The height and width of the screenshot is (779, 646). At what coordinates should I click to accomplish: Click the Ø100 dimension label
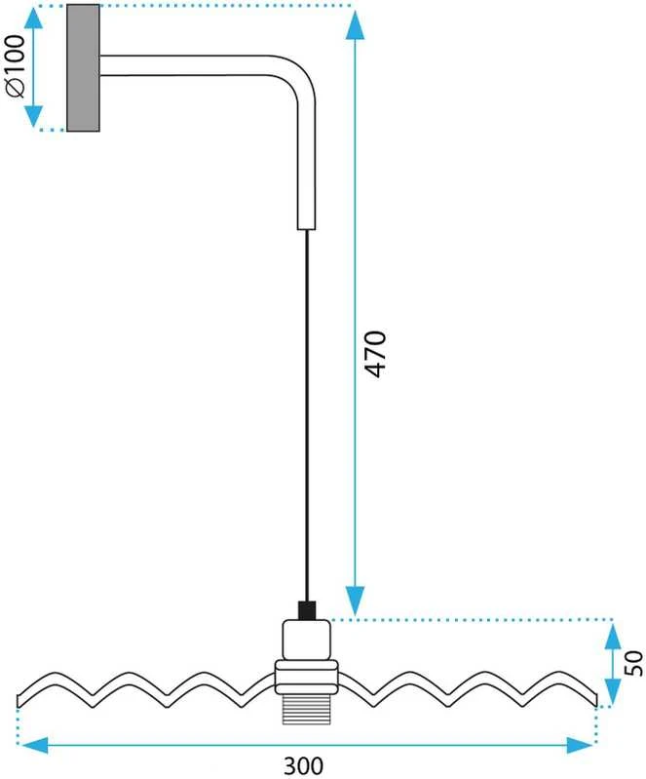pyautogui.click(x=15, y=66)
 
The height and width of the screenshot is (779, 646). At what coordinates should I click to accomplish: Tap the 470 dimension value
pyautogui.click(x=375, y=354)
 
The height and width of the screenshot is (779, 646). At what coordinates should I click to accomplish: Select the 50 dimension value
pyautogui.click(x=634, y=663)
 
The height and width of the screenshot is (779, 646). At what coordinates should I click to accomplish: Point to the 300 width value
pyautogui.click(x=303, y=766)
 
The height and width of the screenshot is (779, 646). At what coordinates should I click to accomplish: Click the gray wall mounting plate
pyautogui.click(x=83, y=67)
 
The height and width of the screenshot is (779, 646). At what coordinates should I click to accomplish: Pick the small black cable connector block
pyautogui.click(x=307, y=610)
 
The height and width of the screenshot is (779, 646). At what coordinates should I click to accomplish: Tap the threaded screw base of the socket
pyautogui.click(x=306, y=709)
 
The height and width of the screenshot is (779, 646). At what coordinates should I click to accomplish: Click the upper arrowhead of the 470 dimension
pyautogui.click(x=355, y=24)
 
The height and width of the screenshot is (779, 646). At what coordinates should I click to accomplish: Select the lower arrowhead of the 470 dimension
pyautogui.click(x=355, y=602)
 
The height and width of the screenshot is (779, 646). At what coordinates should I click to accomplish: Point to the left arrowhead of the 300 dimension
pyautogui.click(x=33, y=745)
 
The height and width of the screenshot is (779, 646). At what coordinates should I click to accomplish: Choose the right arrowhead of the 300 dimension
pyautogui.click(x=581, y=745)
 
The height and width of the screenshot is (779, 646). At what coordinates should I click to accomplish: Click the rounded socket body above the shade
pyautogui.click(x=306, y=640)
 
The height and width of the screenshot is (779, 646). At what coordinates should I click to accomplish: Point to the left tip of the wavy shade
pyautogui.click(x=18, y=701)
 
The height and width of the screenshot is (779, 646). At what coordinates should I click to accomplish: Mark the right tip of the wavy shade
pyautogui.click(x=595, y=699)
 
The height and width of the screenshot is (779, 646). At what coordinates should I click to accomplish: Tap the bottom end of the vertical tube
pyautogui.click(x=306, y=229)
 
